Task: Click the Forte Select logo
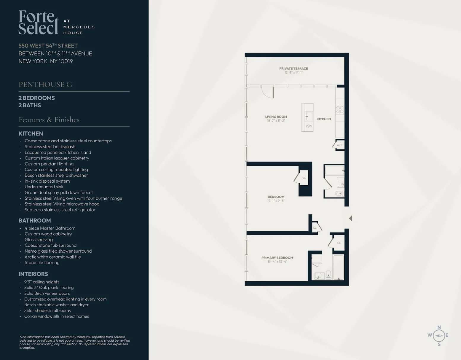(x=39, y=23)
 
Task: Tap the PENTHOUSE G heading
(x=45, y=85)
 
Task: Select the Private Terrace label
(x=293, y=69)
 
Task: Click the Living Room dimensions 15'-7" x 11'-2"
(x=276, y=121)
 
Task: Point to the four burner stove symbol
(x=340, y=109)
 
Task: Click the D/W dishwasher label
(x=309, y=126)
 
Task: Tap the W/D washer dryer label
(x=339, y=145)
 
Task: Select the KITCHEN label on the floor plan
(x=323, y=119)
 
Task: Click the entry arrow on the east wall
(x=350, y=218)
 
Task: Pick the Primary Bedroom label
(x=277, y=258)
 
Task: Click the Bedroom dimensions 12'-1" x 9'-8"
(x=276, y=201)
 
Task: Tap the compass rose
(x=438, y=336)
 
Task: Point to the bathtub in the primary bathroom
(x=339, y=267)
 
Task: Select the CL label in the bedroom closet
(x=304, y=178)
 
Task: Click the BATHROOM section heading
(x=35, y=220)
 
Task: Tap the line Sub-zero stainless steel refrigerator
(x=60, y=210)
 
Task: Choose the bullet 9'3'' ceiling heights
(x=42, y=282)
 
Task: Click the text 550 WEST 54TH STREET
(x=48, y=46)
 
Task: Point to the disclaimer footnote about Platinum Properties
(x=75, y=342)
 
